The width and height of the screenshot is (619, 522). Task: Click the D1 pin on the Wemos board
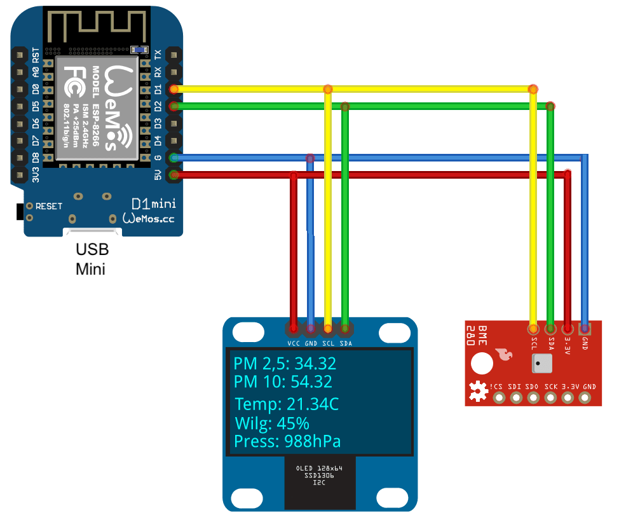click(173, 88)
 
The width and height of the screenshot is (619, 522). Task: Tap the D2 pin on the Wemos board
click(173, 106)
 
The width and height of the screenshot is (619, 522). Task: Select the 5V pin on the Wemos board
click(173, 174)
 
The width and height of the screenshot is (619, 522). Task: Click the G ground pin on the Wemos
click(173, 157)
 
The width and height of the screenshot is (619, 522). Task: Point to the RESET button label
click(49, 206)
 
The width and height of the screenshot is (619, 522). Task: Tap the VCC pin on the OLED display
click(294, 329)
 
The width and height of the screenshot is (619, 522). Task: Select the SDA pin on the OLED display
click(345, 329)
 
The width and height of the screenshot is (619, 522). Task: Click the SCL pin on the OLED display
click(328, 329)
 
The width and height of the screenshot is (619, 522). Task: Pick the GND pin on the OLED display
click(311, 329)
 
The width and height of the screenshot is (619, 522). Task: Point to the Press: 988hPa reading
click(287, 441)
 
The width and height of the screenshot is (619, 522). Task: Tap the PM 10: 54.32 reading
click(282, 381)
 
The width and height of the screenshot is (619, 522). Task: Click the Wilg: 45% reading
click(271, 423)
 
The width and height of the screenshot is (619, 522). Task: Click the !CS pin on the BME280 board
click(499, 398)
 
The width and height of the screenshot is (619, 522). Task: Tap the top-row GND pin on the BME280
click(585, 329)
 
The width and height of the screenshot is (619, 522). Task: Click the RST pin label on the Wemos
click(36, 55)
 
